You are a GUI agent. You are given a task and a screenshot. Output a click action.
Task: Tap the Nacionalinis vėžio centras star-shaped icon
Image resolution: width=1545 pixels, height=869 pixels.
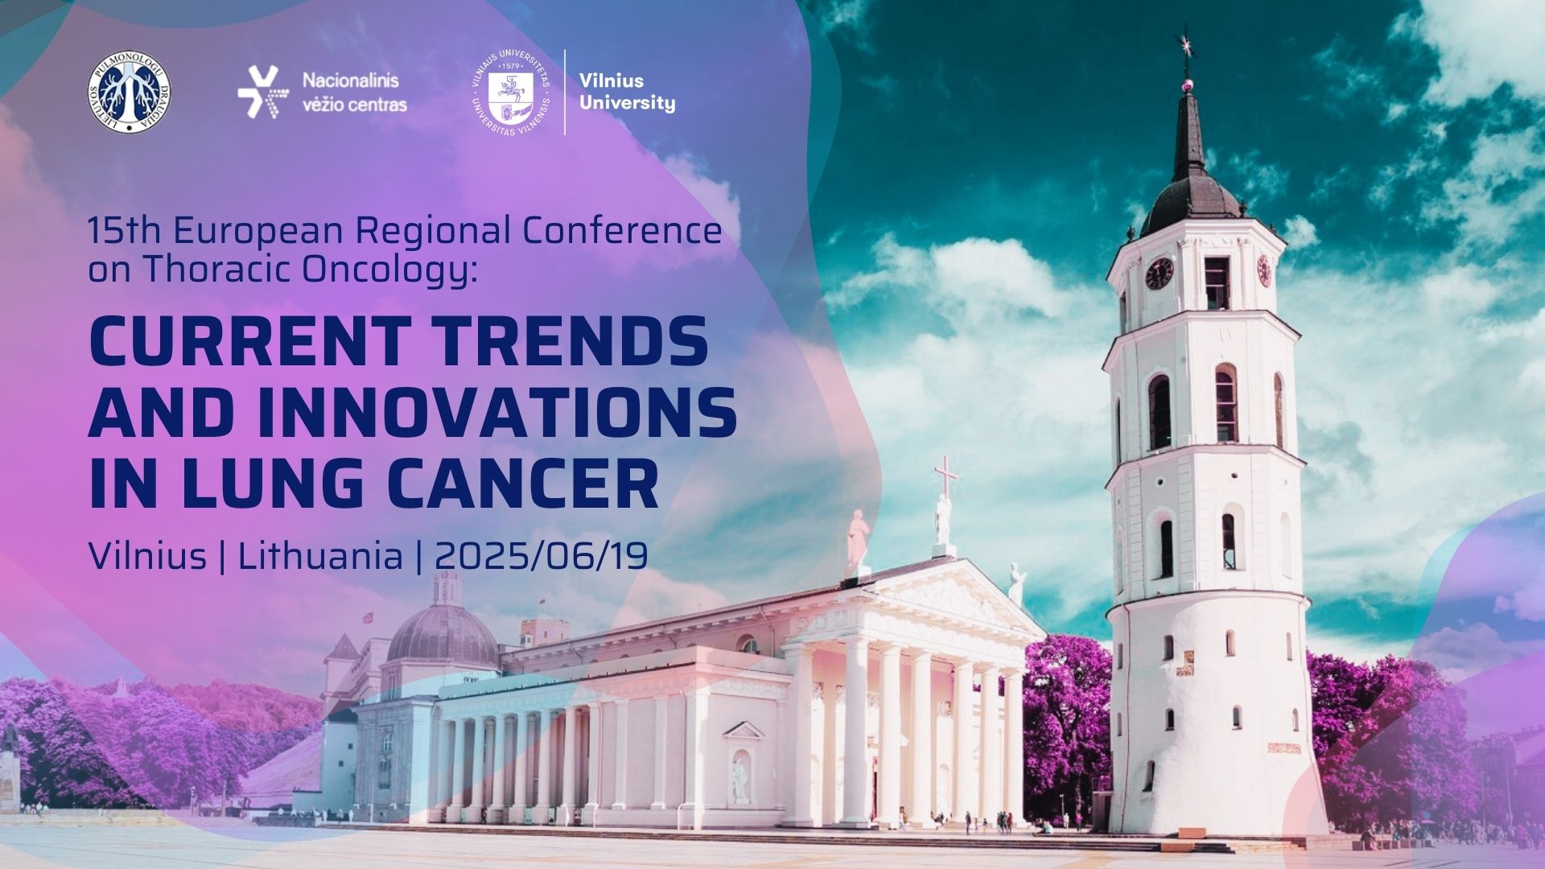pos(258,93)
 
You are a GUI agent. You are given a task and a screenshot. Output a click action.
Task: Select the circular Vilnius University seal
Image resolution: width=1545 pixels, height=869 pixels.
pos(512,93)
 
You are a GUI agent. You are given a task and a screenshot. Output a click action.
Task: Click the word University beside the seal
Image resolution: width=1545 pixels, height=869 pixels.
pos(628,103)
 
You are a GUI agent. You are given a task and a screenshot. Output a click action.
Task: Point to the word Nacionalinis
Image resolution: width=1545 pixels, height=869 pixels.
pos(350,80)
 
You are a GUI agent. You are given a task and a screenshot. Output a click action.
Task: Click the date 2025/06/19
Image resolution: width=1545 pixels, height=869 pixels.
pos(542,556)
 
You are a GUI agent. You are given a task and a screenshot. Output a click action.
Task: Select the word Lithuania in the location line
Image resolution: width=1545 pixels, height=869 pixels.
pos(320,556)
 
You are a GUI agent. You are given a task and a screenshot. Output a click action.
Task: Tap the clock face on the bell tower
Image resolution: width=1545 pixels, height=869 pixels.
pos(1159,274)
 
